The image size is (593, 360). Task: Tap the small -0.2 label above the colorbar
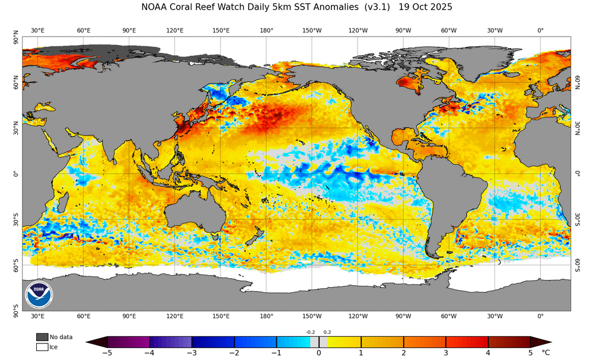point(310,333)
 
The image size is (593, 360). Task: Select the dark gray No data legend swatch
point(42,337)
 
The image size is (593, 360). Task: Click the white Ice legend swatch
point(42,347)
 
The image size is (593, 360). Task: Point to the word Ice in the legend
point(54,347)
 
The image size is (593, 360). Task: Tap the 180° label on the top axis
point(266,30)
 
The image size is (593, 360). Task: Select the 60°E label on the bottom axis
point(84,316)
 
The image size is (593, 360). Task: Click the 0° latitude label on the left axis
point(16,174)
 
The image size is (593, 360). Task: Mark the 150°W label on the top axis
point(313,30)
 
